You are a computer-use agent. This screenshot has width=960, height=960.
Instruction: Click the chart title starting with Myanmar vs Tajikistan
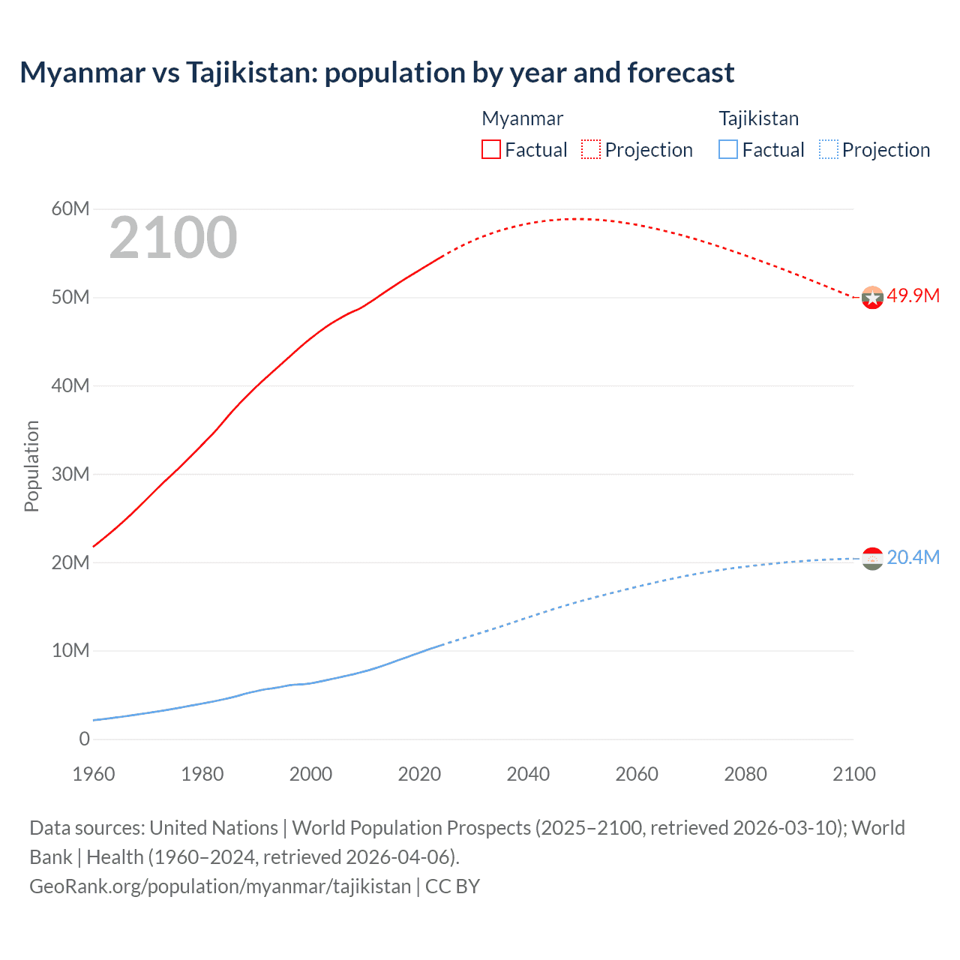(376, 73)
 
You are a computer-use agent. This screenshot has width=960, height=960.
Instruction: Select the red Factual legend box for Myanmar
(490, 149)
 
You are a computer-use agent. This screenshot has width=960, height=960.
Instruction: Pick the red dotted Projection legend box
(591, 149)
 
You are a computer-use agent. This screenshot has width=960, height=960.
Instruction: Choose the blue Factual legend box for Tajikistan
(728, 149)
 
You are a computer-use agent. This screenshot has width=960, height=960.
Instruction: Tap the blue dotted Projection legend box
(829, 149)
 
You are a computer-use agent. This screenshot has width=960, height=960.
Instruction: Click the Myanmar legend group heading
(522, 118)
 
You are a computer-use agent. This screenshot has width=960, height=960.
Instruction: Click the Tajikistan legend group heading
(758, 118)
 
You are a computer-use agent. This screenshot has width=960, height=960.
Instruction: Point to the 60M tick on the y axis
(70, 208)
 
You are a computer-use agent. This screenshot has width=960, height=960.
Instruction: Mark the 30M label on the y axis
(70, 474)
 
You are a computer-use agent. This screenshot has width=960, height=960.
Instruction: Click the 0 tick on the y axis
(84, 739)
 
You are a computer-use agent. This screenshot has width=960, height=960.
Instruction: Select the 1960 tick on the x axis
(94, 774)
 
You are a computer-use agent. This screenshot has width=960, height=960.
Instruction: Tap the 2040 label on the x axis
(528, 774)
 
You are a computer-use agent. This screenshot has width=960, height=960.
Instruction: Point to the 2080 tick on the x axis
(745, 774)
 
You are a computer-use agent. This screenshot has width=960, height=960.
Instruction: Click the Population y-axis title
(31, 466)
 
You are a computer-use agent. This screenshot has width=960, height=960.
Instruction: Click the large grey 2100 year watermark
(173, 238)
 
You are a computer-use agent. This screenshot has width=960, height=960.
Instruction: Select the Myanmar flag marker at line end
(872, 298)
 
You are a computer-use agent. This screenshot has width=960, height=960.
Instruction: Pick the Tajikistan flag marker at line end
(872, 559)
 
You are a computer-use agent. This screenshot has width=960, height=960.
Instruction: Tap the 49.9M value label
(913, 295)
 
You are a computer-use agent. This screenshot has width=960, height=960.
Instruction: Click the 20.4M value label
(913, 557)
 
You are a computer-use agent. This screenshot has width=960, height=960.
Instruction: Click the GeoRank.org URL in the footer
(220, 886)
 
